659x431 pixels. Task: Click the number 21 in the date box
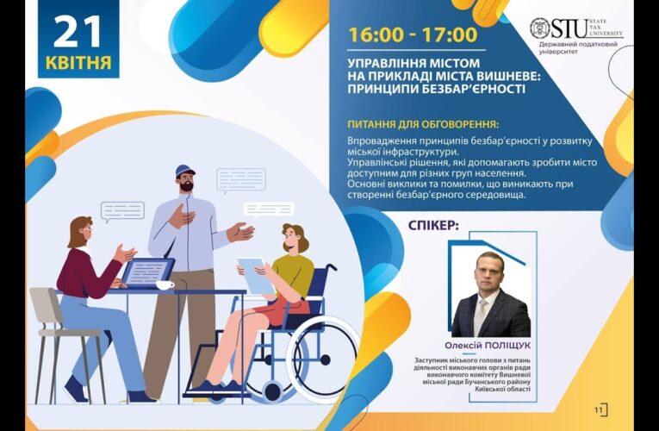point(78,32)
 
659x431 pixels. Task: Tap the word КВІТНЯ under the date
point(78,62)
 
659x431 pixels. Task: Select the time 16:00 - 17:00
point(413,35)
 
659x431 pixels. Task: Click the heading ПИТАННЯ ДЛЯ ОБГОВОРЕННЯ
point(423,123)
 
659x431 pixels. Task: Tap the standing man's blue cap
point(184,170)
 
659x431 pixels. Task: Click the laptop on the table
point(146,273)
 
